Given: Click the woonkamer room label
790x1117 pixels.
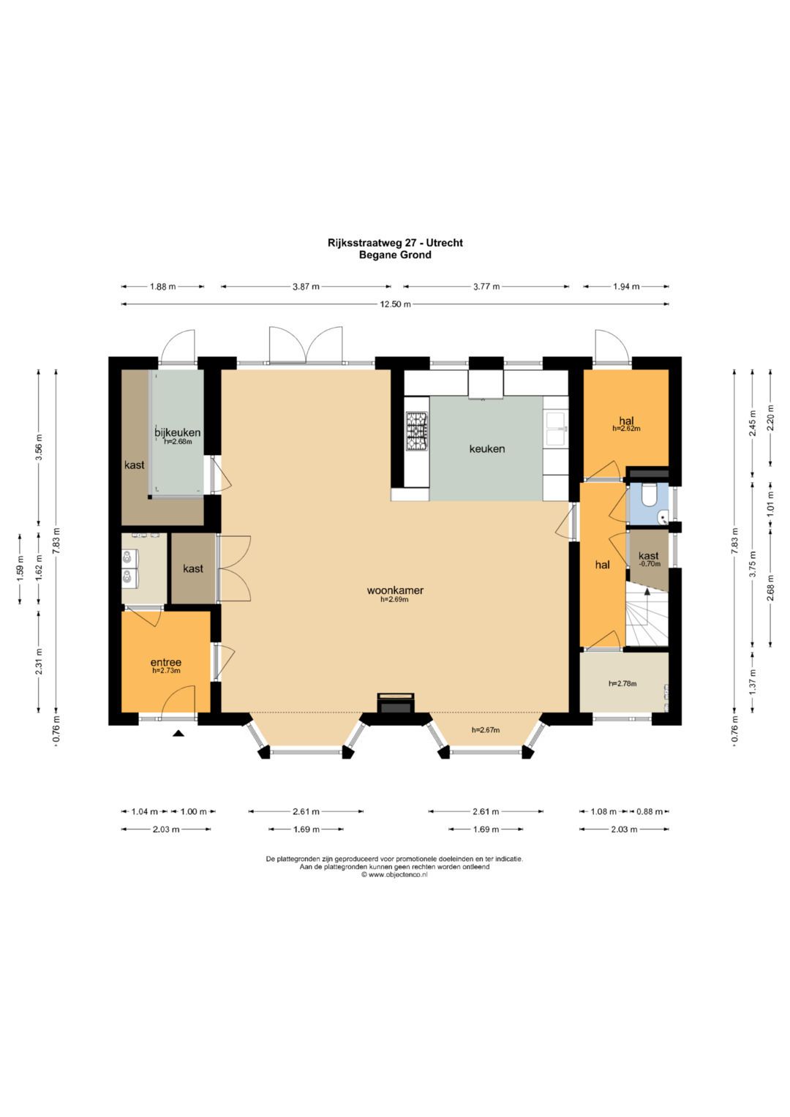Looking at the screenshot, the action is click(395, 590).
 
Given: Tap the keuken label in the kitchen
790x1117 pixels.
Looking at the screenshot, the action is click(486, 449).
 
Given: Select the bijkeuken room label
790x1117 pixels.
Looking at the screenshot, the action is click(178, 432).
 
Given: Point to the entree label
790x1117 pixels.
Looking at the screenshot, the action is click(166, 662).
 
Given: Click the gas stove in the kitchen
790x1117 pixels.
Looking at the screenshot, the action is click(417, 430).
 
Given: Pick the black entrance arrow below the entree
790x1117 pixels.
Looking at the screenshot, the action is click(178, 733).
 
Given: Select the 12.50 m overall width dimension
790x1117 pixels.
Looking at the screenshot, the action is click(395, 304).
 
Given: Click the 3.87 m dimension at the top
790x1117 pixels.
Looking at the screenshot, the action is click(305, 287).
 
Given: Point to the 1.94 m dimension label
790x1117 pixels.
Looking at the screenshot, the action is click(626, 287).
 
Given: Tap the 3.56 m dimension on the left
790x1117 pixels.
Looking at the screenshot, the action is click(39, 448).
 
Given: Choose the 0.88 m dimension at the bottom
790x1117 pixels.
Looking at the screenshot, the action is click(650, 811).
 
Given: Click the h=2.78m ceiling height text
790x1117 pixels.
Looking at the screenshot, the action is click(623, 684).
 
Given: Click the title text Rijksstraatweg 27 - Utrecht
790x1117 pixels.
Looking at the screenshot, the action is click(395, 243).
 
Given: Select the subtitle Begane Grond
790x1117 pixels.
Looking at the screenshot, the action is click(395, 255).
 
